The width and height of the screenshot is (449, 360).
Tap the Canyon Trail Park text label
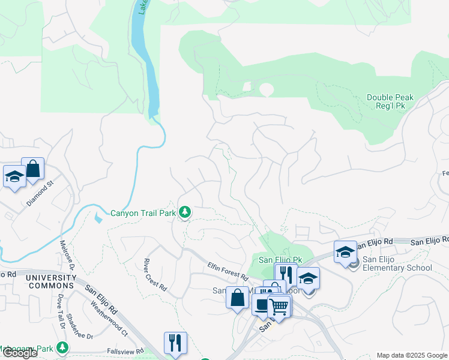pyautogui.click(x=143, y=212)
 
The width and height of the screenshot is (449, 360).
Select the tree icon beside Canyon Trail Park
pyautogui.click(x=185, y=212)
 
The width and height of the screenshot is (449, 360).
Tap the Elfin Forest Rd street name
pyautogui.click(x=228, y=271)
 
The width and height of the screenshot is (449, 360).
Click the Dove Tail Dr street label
pyautogui.click(x=61, y=311)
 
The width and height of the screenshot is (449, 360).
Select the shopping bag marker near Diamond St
pyautogui.click(x=32, y=169)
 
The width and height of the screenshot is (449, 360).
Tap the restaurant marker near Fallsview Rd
pyautogui.click(x=175, y=343)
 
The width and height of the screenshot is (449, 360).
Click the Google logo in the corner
pyautogui.click(x=19, y=353)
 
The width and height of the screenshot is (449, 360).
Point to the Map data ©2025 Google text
pyautogui.click(x=412, y=355)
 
